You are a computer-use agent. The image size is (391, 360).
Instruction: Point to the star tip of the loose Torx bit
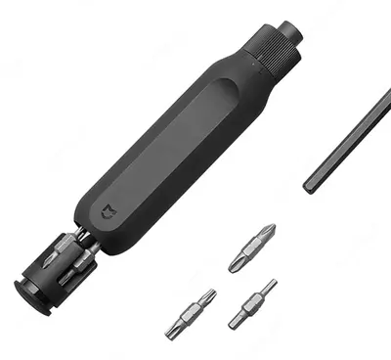208,296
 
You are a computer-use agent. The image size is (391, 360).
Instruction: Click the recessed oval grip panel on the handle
176,147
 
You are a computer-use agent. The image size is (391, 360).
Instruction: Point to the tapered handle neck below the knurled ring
244,73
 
